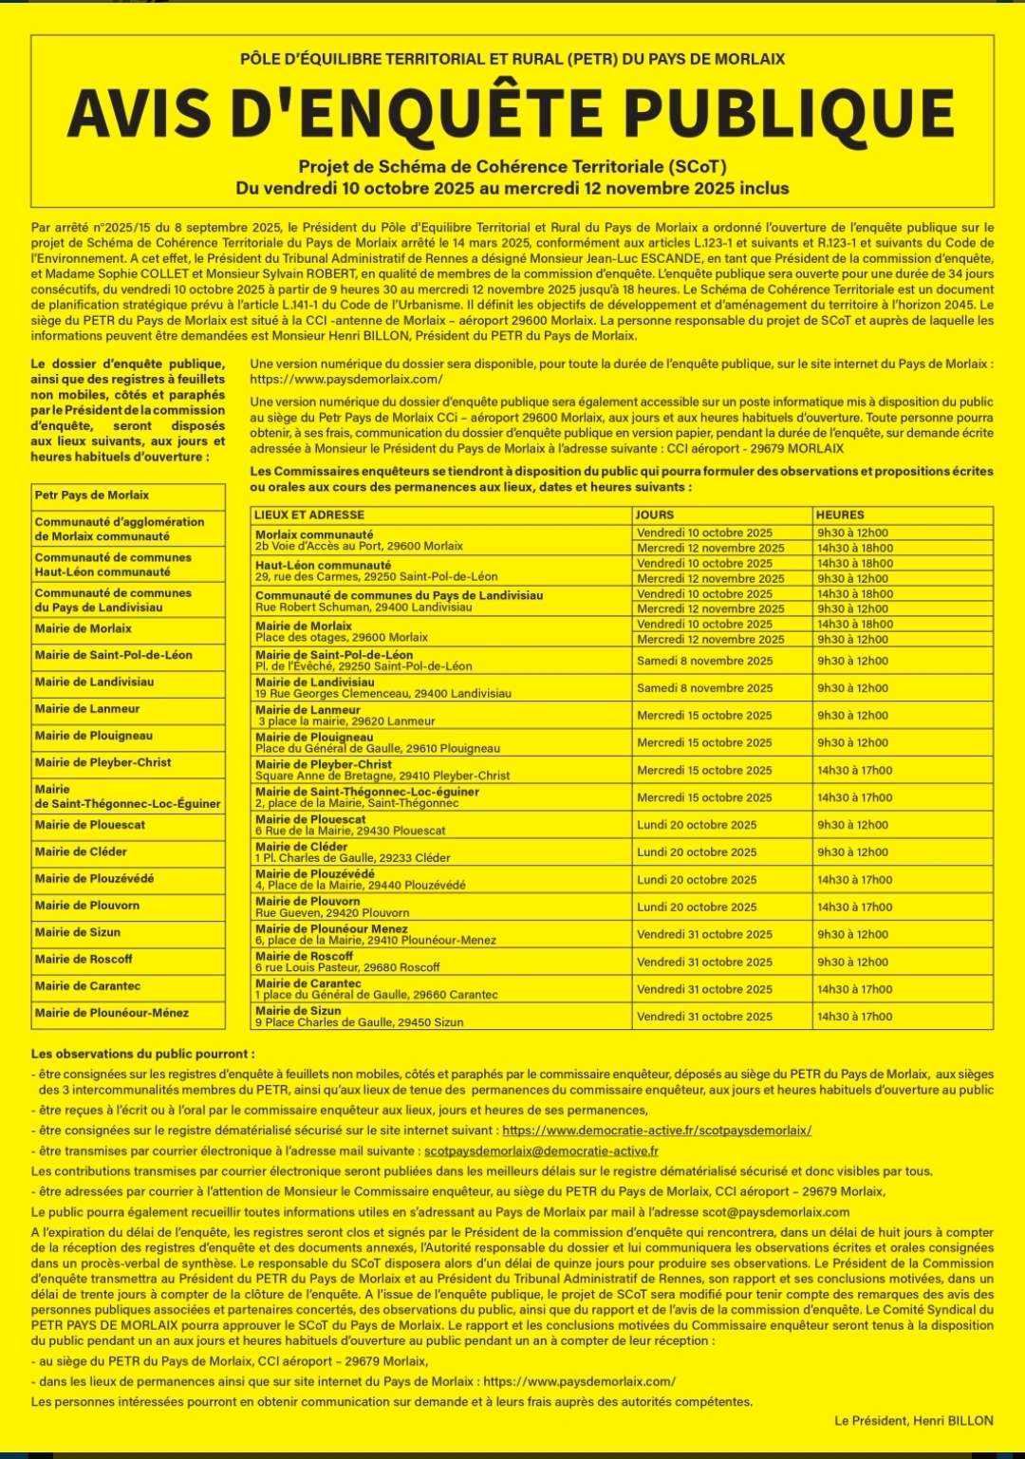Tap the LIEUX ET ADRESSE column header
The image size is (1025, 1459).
(x=309, y=514)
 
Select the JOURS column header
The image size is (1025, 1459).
(x=655, y=514)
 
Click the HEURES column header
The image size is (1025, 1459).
(x=840, y=514)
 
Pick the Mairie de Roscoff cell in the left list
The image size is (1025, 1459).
(x=84, y=959)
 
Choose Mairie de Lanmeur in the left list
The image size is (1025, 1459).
(x=87, y=708)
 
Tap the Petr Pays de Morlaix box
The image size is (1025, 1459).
(x=92, y=496)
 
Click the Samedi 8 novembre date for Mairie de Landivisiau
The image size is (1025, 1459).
(x=705, y=688)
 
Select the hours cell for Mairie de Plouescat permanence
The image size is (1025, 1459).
(x=852, y=825)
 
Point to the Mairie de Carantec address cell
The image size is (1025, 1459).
(x=377, y=989)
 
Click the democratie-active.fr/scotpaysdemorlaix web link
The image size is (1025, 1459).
(x=657, y=1131)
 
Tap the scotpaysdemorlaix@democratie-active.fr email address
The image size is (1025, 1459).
(x=554, y=1151)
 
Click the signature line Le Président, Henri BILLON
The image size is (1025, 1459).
(x=914, y=1421)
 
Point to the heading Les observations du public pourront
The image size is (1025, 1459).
(x=142, y=1054)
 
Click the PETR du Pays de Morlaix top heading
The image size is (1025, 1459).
(x=512, y=59)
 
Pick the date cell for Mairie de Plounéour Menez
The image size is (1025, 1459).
(x=705, y=934)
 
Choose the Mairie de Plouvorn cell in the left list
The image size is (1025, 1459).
(x=87, y=906)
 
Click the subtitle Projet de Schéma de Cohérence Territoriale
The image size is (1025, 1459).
(x=512, y=167)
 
